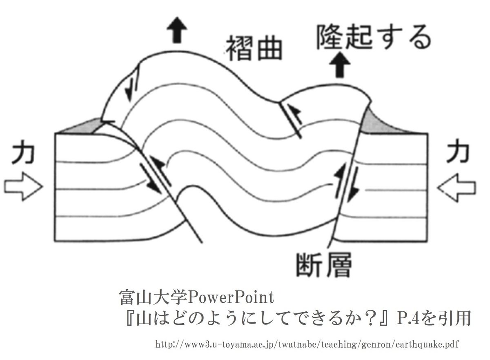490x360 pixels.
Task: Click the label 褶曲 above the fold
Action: pos(254,48)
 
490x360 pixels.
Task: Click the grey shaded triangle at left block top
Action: pos(82,127)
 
